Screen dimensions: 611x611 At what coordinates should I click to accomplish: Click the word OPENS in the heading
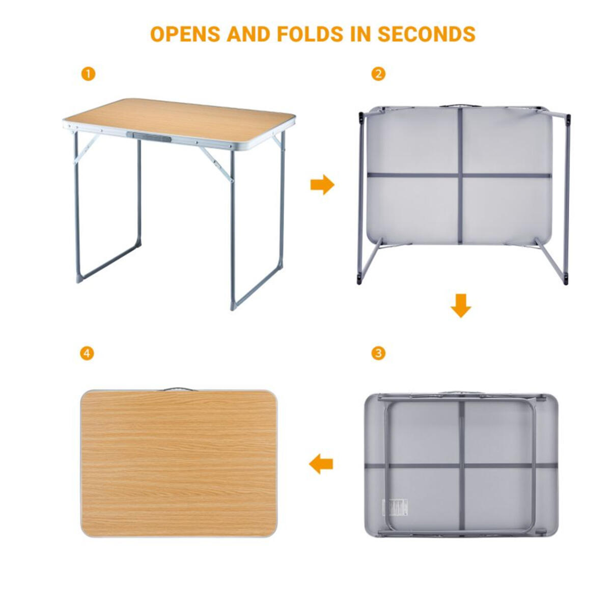(185, 34)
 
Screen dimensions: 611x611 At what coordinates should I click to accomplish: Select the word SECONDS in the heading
(427, 34)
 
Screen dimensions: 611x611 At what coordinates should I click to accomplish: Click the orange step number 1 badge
(88, 74)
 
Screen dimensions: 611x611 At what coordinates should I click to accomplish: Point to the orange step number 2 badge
(378, 74)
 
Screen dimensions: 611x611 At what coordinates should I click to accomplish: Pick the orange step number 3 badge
(378, 353)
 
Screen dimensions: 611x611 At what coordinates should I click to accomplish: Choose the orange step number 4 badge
(87, 353)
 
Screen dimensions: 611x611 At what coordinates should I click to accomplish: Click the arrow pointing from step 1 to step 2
(322, 184)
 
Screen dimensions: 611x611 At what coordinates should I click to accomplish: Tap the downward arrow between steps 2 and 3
(461, 305)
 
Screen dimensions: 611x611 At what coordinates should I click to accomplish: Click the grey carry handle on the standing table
(149, 136)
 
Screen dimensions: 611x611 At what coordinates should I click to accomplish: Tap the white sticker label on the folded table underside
(396, 507)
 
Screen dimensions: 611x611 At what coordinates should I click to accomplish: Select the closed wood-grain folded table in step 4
(179, 463)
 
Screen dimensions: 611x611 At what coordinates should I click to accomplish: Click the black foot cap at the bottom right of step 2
(566, 280)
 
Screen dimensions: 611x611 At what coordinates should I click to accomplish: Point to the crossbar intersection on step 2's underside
(460, 175)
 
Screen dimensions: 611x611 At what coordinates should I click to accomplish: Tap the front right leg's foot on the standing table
(233, 305)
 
